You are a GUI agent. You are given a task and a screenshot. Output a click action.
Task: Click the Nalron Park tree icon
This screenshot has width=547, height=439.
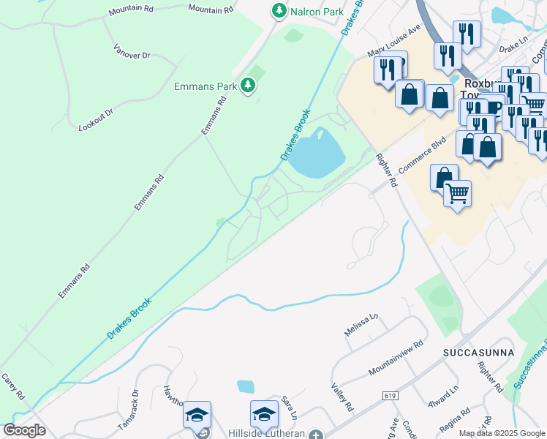pyautogui.click(x=279, y=10)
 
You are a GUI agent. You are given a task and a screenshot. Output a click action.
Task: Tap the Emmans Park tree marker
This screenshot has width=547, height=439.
pyautogui.click(x=249, y=86)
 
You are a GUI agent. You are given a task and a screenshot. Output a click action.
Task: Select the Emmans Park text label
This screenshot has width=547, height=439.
pyautogui.click(x=205, y=86)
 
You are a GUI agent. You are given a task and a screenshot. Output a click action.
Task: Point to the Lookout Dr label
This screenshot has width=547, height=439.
pyautogui.click(x=97, y=120)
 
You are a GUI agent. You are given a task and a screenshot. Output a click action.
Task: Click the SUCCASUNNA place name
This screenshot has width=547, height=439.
pyautogui.click(x=478, y=353)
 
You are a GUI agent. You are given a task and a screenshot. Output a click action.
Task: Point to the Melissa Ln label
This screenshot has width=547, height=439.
pyautogui.click(x=361, y=325)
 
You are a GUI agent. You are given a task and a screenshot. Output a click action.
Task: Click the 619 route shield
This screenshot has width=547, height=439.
pyautogui.click(x=391, y=395)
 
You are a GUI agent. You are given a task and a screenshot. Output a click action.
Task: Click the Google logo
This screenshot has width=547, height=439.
pyautogui.click(x=24, y=429)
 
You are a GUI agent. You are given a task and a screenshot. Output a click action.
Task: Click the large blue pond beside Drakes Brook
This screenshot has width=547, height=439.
pyautogui.click(x=319, y=152)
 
